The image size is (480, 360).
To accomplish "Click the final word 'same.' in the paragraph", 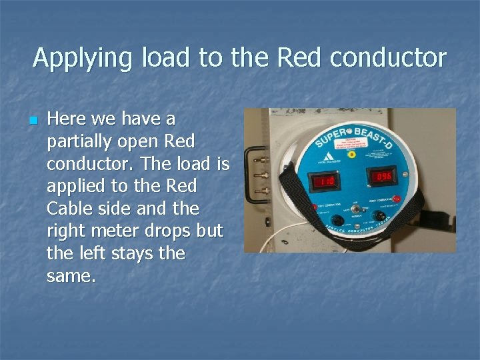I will [x=71, y=275].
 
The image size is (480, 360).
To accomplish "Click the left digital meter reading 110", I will [x=325, y=181].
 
